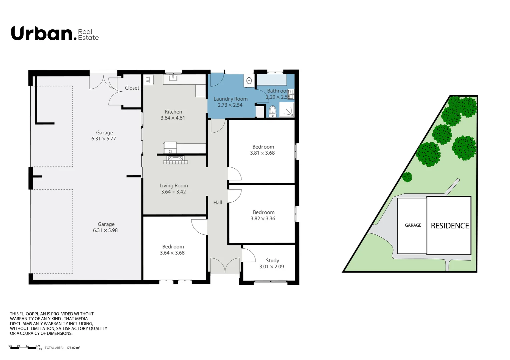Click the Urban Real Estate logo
pyautogui.click(x=55, y=34)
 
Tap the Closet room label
pyautogui.click(x=132, y=88)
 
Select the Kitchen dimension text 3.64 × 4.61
pyautogui.click(x=173, y=118)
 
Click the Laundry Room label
pyautogui.click(x=230, y=99)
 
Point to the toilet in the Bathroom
pyautogui.click(x=273, y=112)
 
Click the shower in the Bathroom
pyautogui.click(x=287, y=110)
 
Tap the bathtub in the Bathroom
pyautogui.click(x=272, y=80)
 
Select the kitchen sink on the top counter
pyautogui.click(x=172, y=78)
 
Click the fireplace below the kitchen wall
pyautogui.click(x=175, y=160)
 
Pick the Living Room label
pyautogui.click(x=173, y=186)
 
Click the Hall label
pyautogui.click(x=217, y=203)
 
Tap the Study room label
pyautogui.click(x=272, y=261)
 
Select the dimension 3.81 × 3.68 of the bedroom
pyautogui.click(x=263, y=153)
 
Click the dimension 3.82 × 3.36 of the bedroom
pyautogui.click(x=263, y=219)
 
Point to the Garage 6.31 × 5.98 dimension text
pyautogui.click(x=105, y=230)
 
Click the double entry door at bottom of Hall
pyautogui.click(x=225, y=265)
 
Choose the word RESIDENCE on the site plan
pyautogui.click(x=450, y=226)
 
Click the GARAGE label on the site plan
pyautogui.click(x=413, y=225)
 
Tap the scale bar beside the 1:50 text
pyautogui.click(x=23, y=348)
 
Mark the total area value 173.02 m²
pyautogui.click(x=73, y=348)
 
